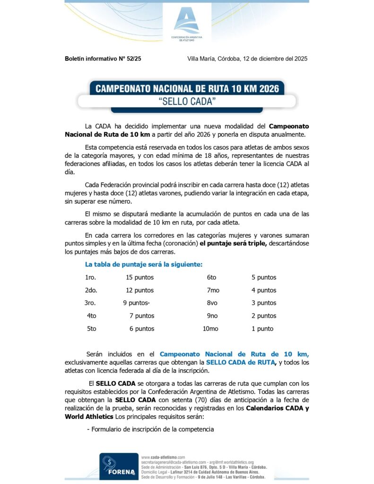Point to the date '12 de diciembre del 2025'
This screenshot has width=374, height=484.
pos(275,59)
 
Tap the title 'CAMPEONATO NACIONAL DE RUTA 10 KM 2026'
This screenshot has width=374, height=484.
pos(187,88)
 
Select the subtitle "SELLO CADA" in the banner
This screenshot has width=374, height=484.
pos(187,101)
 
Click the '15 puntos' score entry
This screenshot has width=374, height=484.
pos(139,277)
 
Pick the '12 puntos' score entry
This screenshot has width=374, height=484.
pos(139,290)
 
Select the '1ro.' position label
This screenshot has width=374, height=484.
pos(90,277)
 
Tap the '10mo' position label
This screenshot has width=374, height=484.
pos(210,328)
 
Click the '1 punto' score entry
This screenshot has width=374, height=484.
pos(262,328)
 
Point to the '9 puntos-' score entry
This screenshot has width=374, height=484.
pos(137,303)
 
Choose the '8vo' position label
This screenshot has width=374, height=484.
pos(212,303)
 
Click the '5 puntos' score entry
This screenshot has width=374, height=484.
pos(264,277)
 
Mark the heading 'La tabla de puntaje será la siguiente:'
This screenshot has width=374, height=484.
pos(144,265)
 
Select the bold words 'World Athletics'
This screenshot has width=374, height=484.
pos(88,417)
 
